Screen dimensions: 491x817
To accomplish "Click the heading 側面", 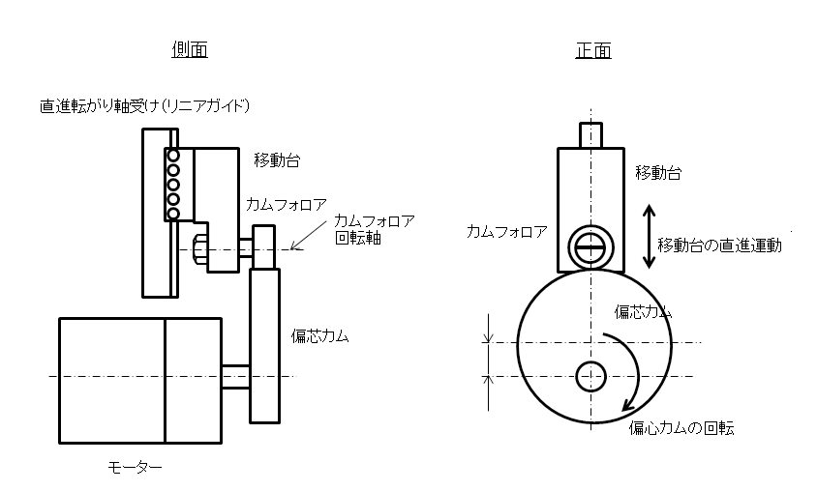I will tap(192, 49).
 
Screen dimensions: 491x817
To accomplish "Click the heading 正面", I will tap(592, 49).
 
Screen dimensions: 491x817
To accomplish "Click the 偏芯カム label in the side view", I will tap(319, 336).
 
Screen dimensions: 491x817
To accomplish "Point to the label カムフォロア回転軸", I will tap(374, 228).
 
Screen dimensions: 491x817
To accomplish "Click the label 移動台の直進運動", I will tap(718, 245).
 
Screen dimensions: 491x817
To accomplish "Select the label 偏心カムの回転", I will tap(681, 428).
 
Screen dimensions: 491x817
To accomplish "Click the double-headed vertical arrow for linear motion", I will tap(647, 236).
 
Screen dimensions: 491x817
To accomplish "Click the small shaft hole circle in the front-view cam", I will tap(590, 376).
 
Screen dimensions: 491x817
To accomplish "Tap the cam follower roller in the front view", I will tap(590, 246).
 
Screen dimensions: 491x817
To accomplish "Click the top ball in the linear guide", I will tap(173, 156).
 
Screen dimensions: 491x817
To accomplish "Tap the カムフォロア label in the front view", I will tap(506, 231).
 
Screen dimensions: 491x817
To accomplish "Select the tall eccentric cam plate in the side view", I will tap(265, 346).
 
